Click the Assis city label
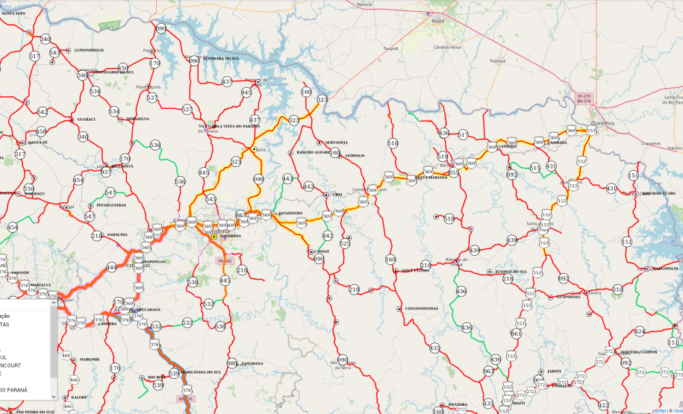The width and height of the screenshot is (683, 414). (x=437, y=21)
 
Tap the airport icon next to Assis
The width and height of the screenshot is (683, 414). (x=428, y=13)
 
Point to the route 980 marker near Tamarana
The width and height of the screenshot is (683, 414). (x=231, y=363)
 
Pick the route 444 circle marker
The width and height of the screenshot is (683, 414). (x=112, y=267)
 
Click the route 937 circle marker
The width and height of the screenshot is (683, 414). (x=106, y=172)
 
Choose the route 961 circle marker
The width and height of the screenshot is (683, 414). (x=516, y=334)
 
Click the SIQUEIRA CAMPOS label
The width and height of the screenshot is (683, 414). (x=637, y=351)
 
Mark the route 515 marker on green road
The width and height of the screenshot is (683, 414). (x=535, y=169)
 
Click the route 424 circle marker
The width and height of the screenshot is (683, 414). (x=639, y=331)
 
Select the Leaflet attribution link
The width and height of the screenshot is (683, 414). (x=658, y=410)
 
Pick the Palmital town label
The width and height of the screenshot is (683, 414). (x=498, y=60)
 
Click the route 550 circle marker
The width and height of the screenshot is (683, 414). (x=28, y=189)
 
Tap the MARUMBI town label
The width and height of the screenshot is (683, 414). (x=89, y=359)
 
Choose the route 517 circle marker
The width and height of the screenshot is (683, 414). (x=464, y=135)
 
